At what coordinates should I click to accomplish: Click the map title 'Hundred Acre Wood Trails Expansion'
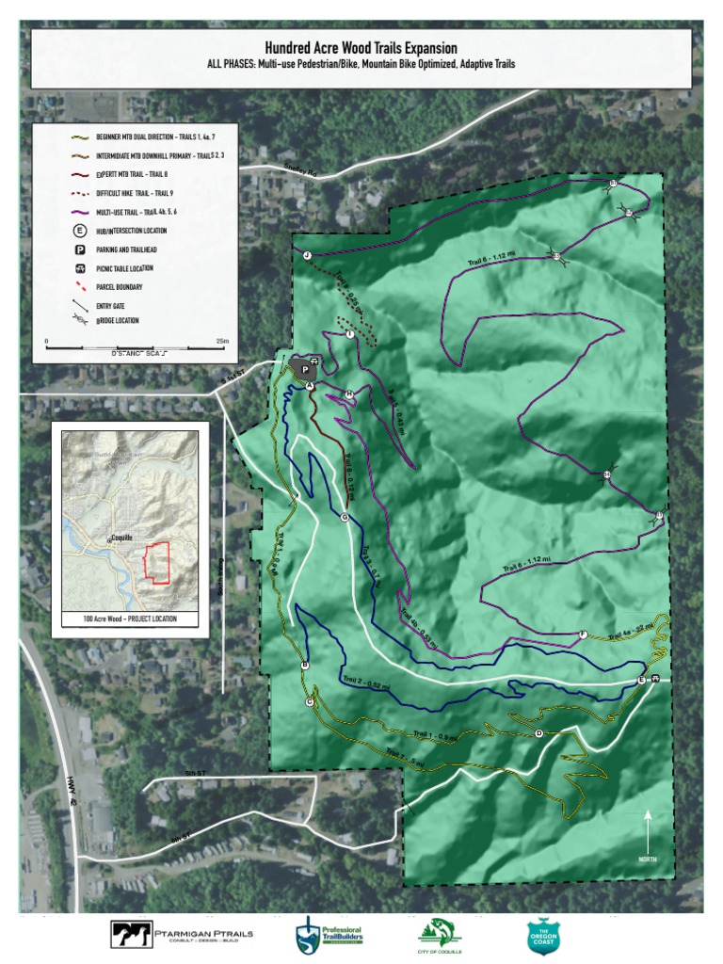point(361,47)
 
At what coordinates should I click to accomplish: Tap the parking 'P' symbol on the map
point(305,370)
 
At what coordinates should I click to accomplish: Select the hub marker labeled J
point(307,255)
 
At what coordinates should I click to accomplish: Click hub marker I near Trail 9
point(349,334)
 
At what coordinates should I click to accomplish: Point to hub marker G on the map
point(345,517)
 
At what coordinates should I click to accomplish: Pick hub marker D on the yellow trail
point(538,733)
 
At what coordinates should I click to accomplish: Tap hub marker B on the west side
point(304,666)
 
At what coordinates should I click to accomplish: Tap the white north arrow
point(649,827)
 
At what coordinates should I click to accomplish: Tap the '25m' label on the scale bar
point(222,341)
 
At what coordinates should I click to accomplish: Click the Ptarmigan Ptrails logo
point(183,933)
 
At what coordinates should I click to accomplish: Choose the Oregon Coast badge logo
point(544,935)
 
